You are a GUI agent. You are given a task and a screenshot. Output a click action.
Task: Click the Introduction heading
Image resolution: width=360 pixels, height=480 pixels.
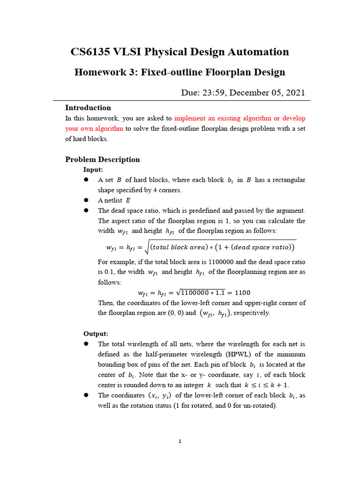click(x=88, y=108)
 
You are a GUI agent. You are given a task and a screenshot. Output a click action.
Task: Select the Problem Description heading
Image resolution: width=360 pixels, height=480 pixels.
click(x=102, y=159)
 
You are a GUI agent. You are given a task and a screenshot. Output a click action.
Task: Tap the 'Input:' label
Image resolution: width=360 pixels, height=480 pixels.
click(x=93, y=170)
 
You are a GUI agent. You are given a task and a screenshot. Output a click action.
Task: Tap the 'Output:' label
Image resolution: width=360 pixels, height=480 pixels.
click(x=96, y=334)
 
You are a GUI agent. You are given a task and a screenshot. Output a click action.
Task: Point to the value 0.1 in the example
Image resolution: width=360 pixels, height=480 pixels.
click(x=105, y=272)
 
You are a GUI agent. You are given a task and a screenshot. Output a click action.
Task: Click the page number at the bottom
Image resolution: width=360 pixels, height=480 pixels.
click(x=180, y=441)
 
